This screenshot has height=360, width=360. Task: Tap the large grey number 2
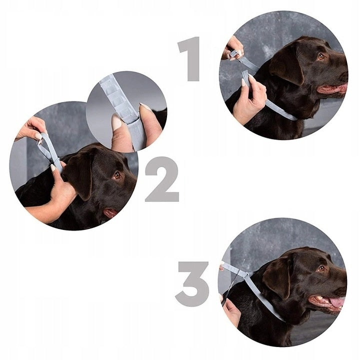click(162, 179)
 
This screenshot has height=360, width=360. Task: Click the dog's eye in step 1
click(320, 56)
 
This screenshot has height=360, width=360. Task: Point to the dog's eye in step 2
click(117, 175)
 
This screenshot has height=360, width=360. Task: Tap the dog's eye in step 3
click(321, 268)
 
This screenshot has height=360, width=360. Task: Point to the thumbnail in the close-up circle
click(116, 122)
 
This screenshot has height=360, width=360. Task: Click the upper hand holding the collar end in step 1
click(232, 48)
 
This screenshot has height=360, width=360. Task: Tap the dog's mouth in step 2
click(110, 212)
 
